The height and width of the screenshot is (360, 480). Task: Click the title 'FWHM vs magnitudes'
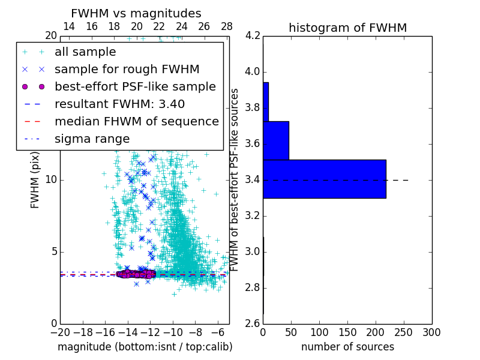pos(136,13)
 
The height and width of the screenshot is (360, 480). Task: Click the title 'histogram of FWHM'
pos(347,28)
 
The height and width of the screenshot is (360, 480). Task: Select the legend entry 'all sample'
pos(85,52)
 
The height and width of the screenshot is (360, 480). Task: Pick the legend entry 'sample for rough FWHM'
pos(127,70)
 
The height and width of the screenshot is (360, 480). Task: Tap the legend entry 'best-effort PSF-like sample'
pos(135,86)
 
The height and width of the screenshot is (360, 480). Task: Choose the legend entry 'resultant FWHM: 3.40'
pos(119,104)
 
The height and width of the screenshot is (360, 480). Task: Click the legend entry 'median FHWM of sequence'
pos(136,121)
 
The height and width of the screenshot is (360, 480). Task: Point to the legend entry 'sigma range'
pos(92,139)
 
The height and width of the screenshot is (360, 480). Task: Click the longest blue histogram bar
pos(324,179)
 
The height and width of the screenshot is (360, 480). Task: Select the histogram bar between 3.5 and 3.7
pos(276,140)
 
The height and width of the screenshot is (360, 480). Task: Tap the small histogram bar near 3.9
pos(266,102)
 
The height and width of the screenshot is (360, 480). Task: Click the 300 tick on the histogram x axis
pos(431,332)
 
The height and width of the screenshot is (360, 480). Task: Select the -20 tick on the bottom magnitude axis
pos(60,332)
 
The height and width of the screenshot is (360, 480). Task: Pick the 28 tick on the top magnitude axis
pos(227,27)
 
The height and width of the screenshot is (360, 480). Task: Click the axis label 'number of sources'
pos(347,347)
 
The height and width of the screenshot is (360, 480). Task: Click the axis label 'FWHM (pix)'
pos(35,180)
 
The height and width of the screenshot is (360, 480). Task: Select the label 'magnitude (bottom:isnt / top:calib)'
pos(145,347)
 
